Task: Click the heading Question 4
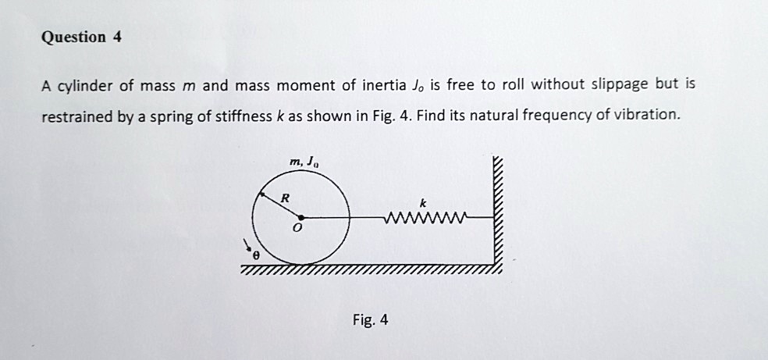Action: point(82,37)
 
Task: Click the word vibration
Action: point(650,115)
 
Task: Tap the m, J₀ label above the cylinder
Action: point(304,162)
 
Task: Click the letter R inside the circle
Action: point(285,199)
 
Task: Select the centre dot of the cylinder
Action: point(300,217)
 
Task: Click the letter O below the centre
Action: point(297,228)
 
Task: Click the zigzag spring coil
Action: point(427,217)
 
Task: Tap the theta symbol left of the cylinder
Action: point(255,255)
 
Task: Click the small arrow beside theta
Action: point(247,245)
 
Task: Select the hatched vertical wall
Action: point(498,215)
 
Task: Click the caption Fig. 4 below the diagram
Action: point(370,320)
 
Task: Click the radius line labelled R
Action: point(280,205)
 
